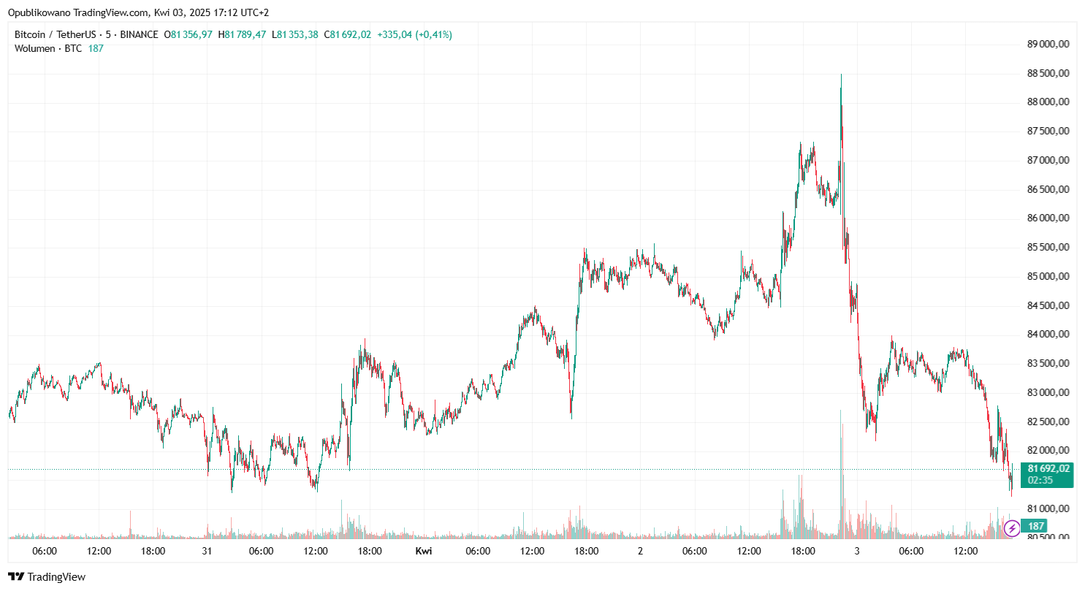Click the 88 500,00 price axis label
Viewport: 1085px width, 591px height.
click(1048, 73)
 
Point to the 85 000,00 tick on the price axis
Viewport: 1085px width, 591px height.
click(1048, 276)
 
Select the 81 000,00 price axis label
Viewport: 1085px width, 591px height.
click(1048, 508)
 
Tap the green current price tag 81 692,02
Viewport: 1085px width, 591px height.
click(1048, 468)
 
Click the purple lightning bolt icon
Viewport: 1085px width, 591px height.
click(1011, 527)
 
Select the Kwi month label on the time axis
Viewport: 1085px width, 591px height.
click(423, 551)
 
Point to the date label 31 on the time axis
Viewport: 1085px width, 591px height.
click(207, 551)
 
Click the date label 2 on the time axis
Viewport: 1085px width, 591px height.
click(640, 551)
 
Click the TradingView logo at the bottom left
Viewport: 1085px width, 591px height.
click(47, 577)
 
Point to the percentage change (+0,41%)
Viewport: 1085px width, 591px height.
click(434, 34)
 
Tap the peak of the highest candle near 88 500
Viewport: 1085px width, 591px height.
click(841, 75)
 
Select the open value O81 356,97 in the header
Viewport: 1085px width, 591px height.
click(188, 34)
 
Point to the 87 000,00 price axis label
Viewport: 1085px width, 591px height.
click(1048, 160)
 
